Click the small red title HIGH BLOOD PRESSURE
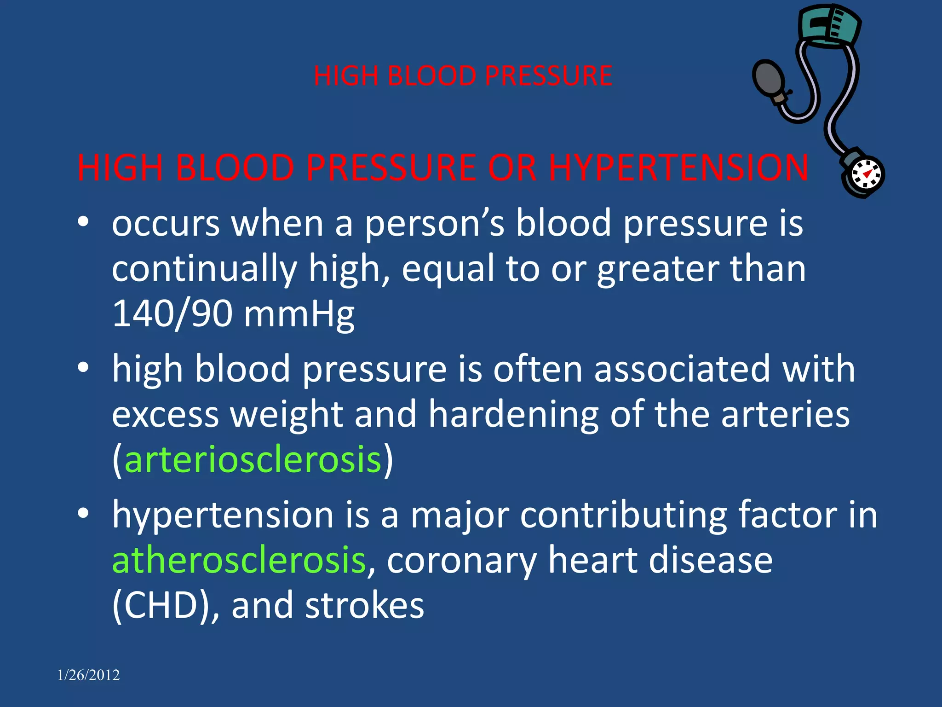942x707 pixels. click(463, 75)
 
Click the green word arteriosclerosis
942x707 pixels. click(253, 459)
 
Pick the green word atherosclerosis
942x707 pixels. click(239, 560)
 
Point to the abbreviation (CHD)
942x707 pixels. click(161, 605)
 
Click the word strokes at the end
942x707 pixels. click(364, 605)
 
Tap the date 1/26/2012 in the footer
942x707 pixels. click(88, 675)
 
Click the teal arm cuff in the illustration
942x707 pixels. click(830, 25)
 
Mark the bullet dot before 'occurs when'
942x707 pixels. click(83, 222)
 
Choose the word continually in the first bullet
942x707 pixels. click(204, 269)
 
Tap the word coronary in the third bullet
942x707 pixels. click(461, 561)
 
